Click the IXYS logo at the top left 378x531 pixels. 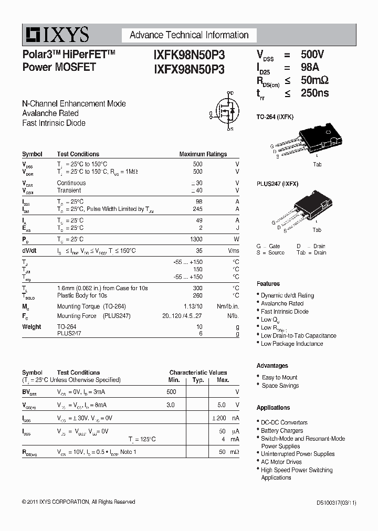tap(56, 35)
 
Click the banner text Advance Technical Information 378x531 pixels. tap(189, 35)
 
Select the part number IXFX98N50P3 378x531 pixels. tap(189, 69)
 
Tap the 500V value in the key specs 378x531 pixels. tap(312, 55)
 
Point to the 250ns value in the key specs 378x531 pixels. tap(314, 93)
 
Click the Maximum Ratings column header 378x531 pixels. tap(203, 154)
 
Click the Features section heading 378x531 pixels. tap(268, 284)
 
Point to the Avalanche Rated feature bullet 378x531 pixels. tap(282, 303)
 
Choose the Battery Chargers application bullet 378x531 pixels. tap(282, 431)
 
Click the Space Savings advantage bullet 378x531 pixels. tap(280, 386)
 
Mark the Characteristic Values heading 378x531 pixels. tap(198, 373)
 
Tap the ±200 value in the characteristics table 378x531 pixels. tap(219, 418)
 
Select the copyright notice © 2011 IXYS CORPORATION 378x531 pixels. tap(79, 502)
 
